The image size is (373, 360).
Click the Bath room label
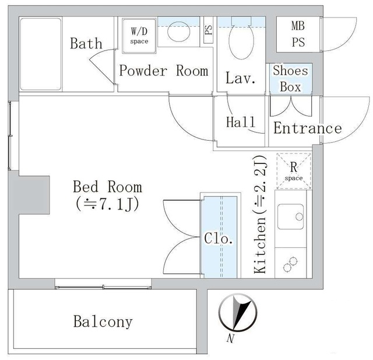point(86,43)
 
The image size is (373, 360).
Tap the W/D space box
point(139,34)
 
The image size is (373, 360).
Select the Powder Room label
point(163,71)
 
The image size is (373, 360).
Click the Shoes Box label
point(290,78)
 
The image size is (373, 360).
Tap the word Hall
point(241,122)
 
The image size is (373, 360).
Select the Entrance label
point(307,128)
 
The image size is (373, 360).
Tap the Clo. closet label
point(219,239)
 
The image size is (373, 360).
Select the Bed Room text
point(107,187)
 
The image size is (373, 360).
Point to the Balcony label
point(103,321)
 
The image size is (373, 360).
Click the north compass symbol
point(237,313)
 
